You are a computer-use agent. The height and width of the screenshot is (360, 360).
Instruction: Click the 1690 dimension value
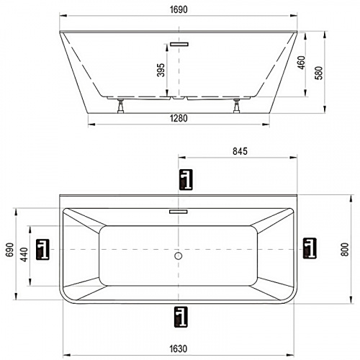[x=179, y=9]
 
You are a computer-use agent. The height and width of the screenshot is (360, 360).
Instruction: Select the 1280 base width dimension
[x=179, y=118]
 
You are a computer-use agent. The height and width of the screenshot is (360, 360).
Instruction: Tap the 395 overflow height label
[x=161, y=70]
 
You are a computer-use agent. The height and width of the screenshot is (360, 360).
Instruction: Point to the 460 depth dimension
[x=301, y=63]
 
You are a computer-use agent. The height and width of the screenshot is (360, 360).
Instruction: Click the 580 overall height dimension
[x=319, y=73]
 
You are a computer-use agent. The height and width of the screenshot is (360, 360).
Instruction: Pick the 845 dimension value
[x=240, y=151]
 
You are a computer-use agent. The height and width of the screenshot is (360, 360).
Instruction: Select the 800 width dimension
[x=345, y=249]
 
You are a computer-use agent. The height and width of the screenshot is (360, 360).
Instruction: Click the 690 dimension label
[x=10, y=250]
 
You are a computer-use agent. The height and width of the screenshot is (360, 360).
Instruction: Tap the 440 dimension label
[x=24, y=254]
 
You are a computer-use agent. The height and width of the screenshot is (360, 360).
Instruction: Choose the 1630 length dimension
[x=178, y=348]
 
